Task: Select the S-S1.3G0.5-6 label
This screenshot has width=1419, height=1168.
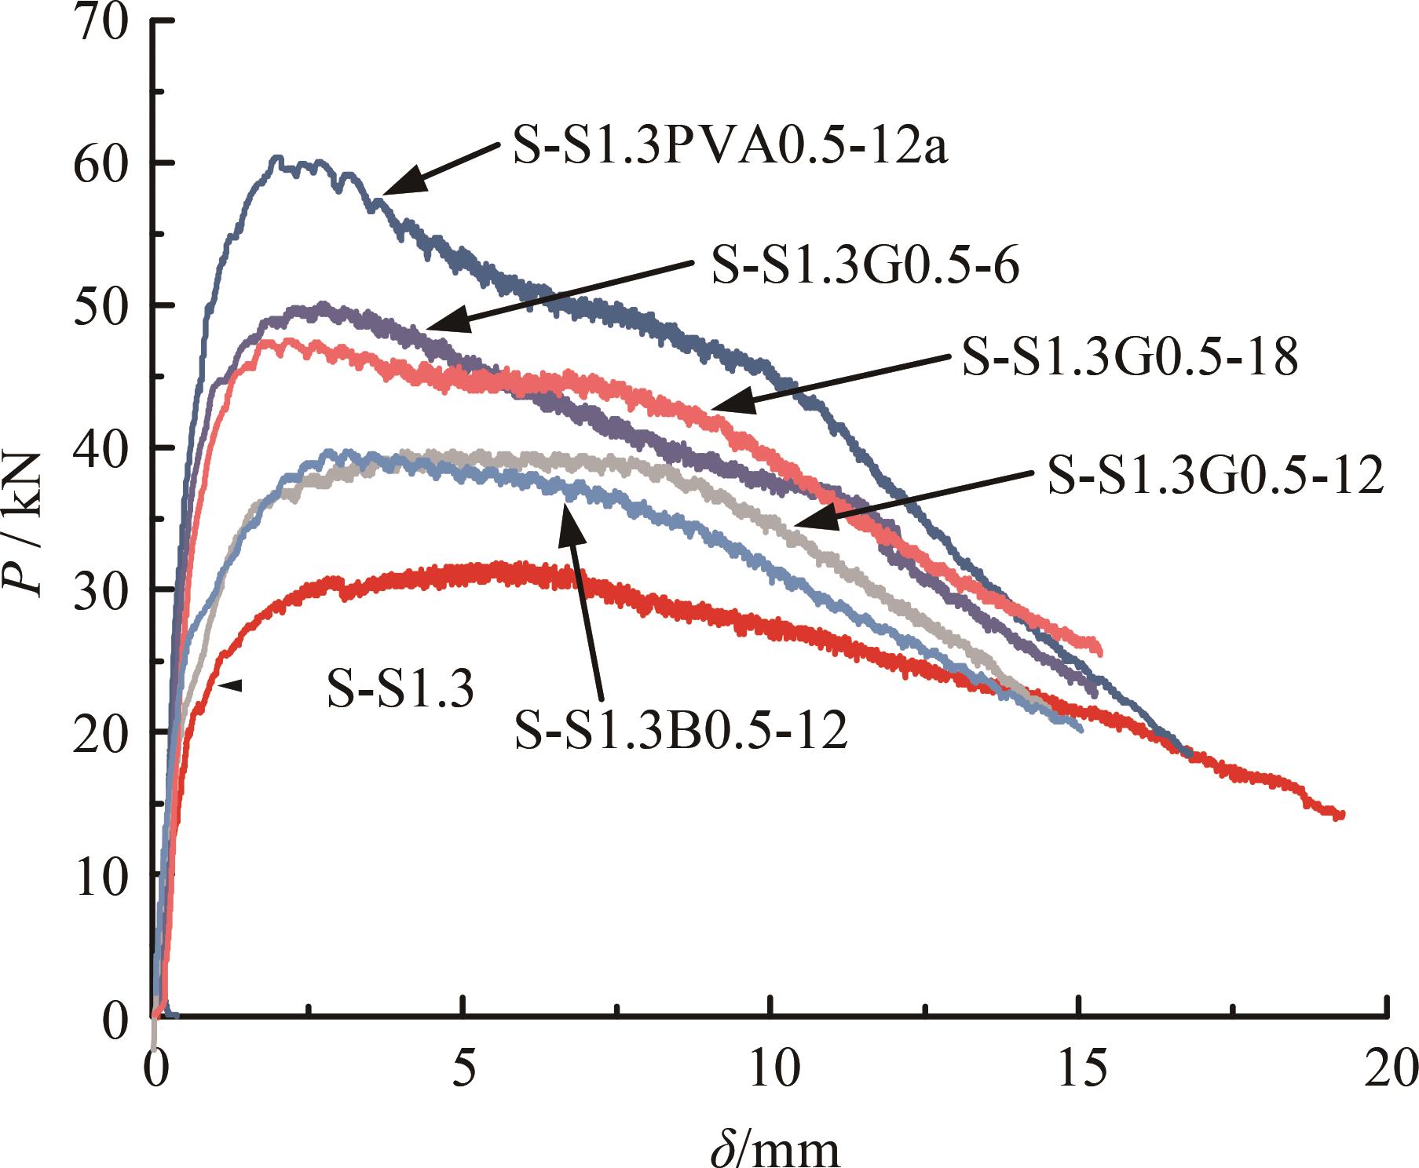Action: [x=865, y=266]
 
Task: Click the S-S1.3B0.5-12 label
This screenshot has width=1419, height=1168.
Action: [x=681, y=732]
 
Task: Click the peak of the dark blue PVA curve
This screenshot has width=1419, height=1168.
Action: [x=277, y=159]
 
